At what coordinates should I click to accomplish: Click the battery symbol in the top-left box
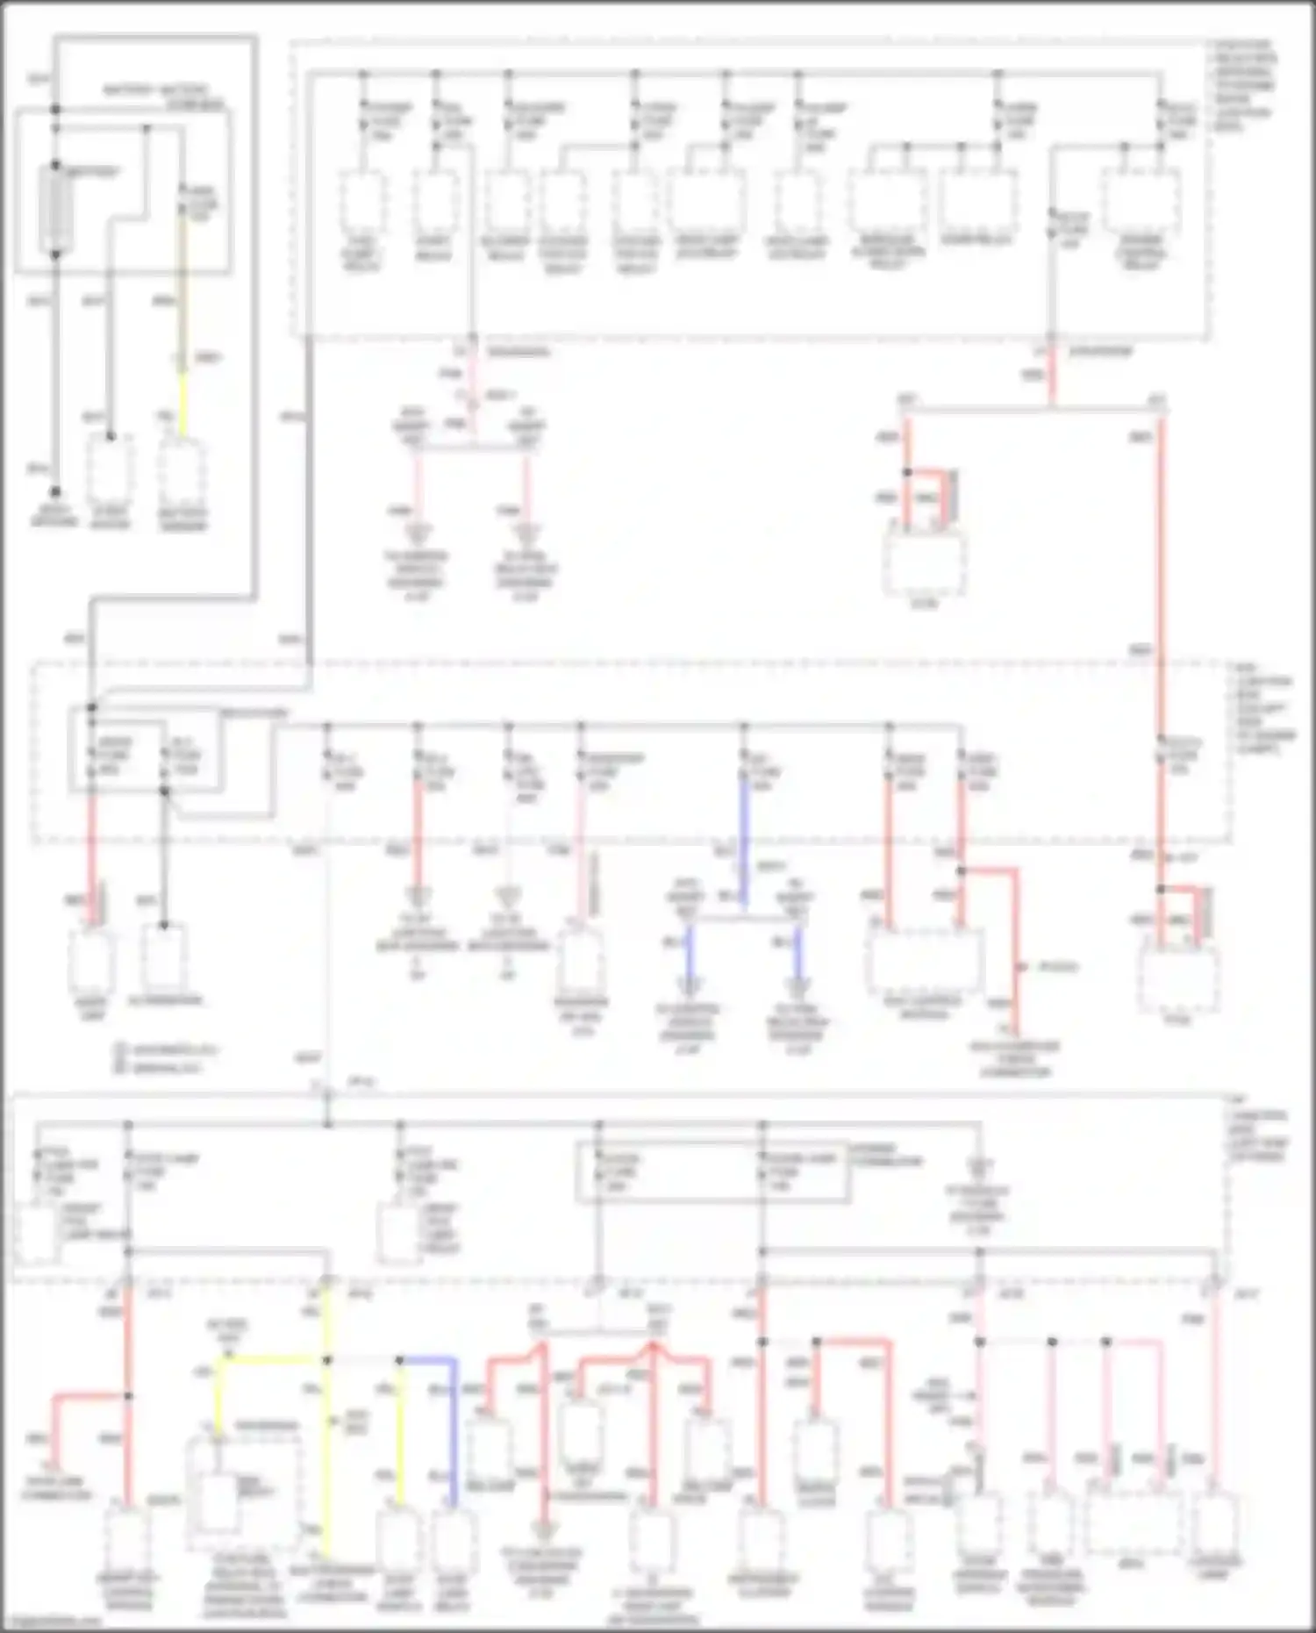pos(56,209)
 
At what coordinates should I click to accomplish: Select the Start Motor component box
pos(110,469)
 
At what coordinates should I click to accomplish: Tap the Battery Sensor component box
pos(182,471)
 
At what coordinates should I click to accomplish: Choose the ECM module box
pos(924,562)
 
